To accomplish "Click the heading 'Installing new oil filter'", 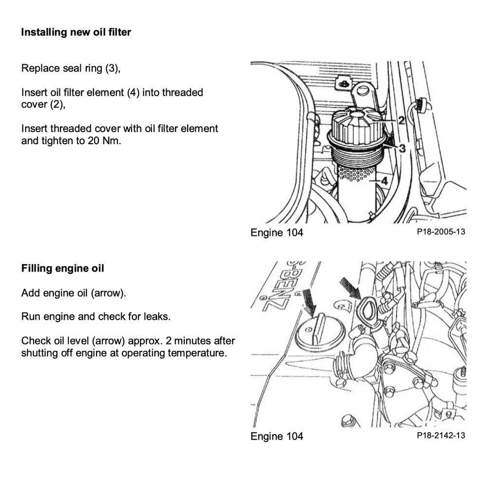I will pos(76,33).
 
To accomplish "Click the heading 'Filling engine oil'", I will pos(62,269).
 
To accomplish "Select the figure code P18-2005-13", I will pos(441,232).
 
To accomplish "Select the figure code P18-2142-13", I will pos(441,435).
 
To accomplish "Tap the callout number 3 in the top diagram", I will pos(403,148).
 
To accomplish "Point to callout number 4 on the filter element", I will pos(384,181).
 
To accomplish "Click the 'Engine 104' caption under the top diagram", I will pos(276,232).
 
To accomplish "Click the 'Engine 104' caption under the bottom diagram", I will pos(276,436).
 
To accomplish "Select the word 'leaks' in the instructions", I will pos(157,317).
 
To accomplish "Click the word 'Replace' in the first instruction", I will pos(40,68).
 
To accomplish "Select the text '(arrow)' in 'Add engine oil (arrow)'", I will pos(108,293).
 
